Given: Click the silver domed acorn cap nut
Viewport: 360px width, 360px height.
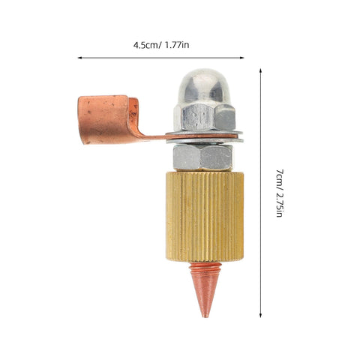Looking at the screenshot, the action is pos(205,100).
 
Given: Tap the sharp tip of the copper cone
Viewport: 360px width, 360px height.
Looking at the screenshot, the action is pos(205,317).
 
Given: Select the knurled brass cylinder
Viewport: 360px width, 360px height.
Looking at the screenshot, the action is pos(205,217).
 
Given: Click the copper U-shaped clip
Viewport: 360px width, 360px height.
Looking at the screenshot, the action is pos(108,119).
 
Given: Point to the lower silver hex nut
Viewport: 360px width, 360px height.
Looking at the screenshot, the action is pos(202,157).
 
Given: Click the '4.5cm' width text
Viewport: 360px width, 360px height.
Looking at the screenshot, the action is pos(145,45).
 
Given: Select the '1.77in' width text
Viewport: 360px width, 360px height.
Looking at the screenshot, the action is pos(176,45).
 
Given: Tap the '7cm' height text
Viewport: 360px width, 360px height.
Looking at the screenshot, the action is pos(280,178).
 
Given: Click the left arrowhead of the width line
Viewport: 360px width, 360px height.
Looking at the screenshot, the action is pos(79,58).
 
